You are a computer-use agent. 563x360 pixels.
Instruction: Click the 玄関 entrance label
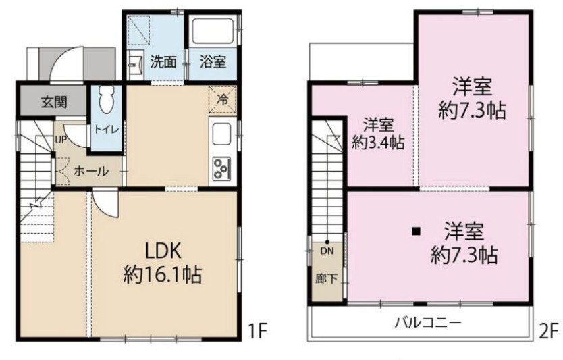click(54, 103)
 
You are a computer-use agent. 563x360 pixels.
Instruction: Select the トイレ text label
click(106, 129)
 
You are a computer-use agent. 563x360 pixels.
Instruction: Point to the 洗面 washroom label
click(163, 62)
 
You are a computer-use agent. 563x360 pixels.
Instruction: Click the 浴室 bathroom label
click(213, 62)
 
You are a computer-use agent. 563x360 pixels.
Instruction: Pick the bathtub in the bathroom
click(213, 30)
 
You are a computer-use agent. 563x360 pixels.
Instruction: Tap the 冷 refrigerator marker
click(223, 99)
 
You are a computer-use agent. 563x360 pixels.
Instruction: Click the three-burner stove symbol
click(222, 168)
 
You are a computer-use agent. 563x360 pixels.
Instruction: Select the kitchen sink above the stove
click(222, 134)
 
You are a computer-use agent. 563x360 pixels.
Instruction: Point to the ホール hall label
click(91, 171)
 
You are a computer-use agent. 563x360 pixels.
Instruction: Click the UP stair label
click(61, 139)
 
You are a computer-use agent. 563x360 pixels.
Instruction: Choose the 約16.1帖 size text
click(162, 275)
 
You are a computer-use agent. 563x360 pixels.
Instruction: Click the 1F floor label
click(257, 330)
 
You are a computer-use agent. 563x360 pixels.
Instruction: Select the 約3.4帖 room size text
click(378, 143)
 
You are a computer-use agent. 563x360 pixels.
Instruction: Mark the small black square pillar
click(416, 232)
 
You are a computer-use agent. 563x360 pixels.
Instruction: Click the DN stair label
click(327, 251)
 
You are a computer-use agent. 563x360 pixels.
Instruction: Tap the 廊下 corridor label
click(327, 278)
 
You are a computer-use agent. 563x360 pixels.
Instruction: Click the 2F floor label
click(549, 330)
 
